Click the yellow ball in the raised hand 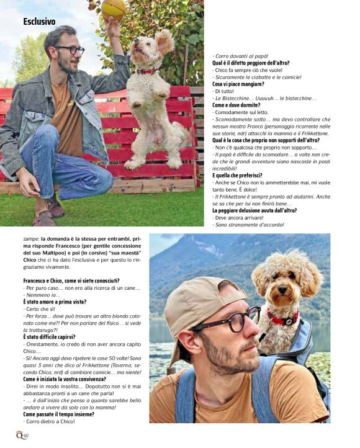pyautogui.click(x=114, y=8)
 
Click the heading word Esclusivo pyautogui.click(x=39, y=22)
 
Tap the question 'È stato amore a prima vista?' pyautogui.click(x=55, y=302)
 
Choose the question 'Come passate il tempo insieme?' pyautogui.click(x=58, y=414)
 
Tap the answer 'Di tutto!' pyautogui.click(x=224, y=91)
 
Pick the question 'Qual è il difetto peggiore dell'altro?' pyautogui.click(x=251, y=63)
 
